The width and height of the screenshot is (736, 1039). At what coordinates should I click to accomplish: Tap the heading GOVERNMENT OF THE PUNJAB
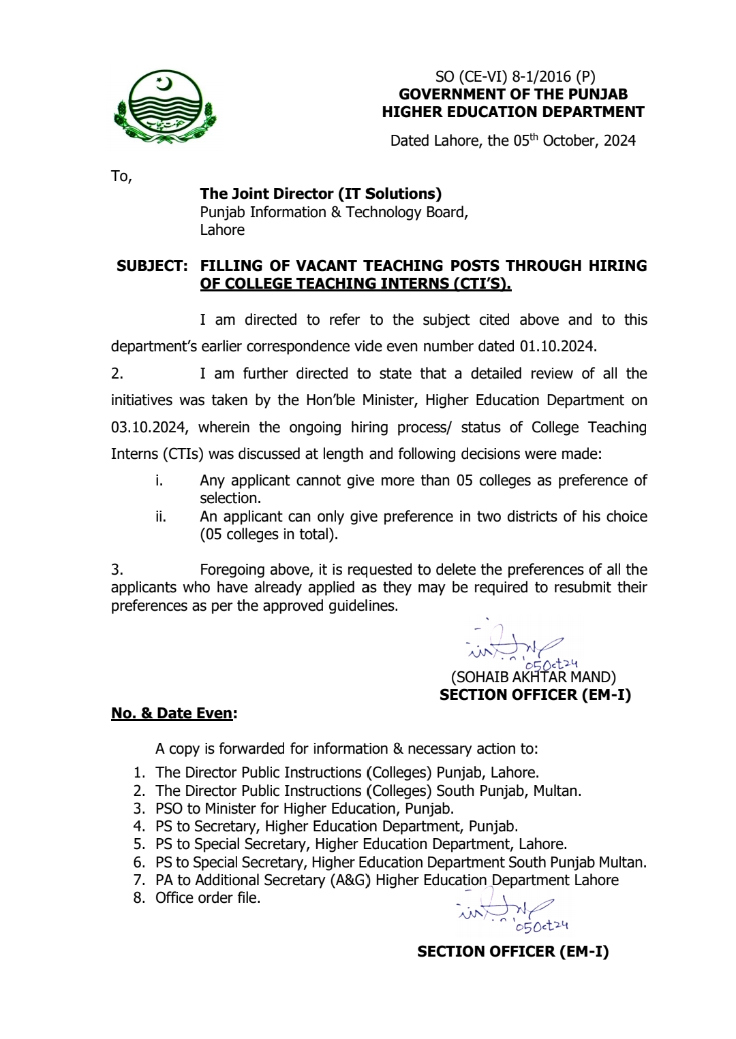(513, 94)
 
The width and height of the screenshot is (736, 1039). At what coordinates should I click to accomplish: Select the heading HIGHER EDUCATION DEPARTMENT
(513, 112)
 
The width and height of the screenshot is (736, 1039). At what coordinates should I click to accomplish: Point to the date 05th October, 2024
(574, 140)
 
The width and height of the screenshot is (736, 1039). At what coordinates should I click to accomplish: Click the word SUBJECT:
(152, 266)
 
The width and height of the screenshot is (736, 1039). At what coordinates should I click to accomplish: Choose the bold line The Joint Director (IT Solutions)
(320, 194)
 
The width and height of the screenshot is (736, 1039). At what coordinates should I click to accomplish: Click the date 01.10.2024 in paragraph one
(557, 346)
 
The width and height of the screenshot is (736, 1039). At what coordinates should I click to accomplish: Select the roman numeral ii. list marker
(161, 517)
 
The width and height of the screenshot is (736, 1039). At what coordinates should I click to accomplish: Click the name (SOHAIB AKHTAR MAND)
(534, 677)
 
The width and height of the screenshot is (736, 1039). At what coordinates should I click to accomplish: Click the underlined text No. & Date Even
(172, 713)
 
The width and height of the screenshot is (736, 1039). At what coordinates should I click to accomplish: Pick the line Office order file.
(208, 897)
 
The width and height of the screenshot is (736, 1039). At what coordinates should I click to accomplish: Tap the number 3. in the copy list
(139, 808)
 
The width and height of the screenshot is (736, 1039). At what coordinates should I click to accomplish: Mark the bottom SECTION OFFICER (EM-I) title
(512, 951)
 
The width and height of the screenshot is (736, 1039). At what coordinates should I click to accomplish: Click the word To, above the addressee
(121, 176)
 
